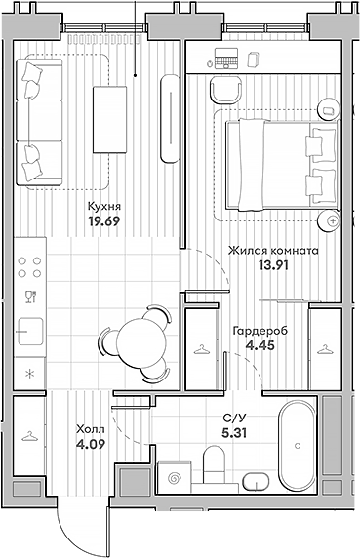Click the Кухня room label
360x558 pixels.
[x=104, y=206]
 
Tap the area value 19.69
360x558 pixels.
[x=104, y=220]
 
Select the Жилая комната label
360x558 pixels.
[x=272, y=250]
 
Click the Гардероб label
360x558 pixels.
[x=259, y=330]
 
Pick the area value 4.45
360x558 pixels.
[x=259, y=344]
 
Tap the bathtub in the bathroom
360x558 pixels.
[x=295, y=443]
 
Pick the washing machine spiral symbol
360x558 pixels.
[x=175, y=479]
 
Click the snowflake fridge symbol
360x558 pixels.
[x=29, y=373]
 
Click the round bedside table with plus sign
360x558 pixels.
[x=333, y=222]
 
